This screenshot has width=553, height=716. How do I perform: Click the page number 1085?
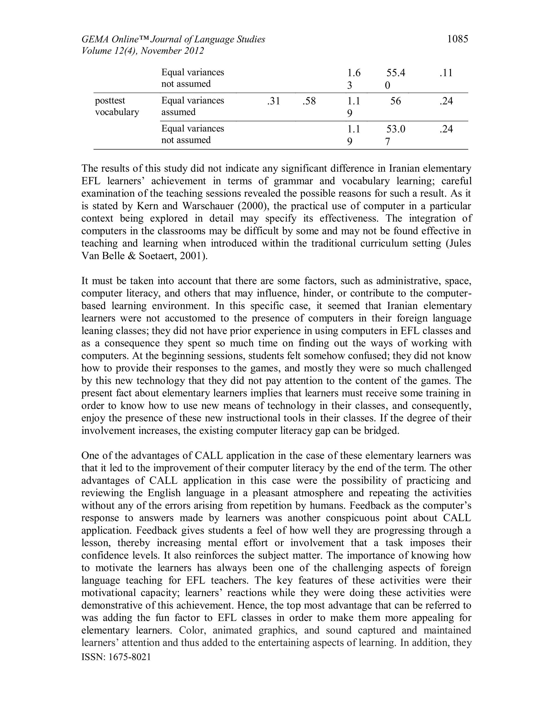tap(457, 39)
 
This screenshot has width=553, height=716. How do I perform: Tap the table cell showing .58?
tap(309, 101)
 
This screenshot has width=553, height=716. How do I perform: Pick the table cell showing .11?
tap(446, 73)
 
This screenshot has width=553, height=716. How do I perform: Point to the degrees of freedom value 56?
tap(395, 101)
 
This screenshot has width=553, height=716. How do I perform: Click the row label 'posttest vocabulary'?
tap(117, 106)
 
